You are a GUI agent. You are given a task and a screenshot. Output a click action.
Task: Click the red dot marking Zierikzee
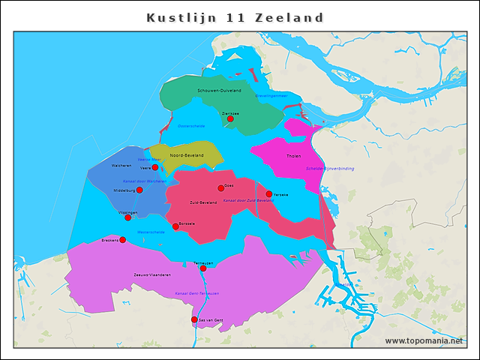pos(230,118)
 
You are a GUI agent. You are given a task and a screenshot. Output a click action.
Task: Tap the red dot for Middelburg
pos(139,190)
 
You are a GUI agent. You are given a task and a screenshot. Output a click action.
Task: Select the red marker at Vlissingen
pos(128,217)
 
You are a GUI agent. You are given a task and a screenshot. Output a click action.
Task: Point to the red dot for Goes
pos(221,188)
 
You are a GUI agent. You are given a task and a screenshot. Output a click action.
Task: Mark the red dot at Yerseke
pos(269,194)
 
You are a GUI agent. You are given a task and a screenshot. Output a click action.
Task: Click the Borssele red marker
pos(175,226)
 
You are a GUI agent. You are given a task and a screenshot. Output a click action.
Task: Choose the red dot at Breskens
pos(123,240)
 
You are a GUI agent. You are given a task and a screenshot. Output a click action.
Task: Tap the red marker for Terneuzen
pos(203,268)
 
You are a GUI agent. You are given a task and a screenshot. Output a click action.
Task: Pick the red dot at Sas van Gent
pos(194,319)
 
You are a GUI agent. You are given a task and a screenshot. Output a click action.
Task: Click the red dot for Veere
pos(155,168)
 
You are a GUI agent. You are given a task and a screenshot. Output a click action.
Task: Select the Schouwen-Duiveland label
pos(219,91)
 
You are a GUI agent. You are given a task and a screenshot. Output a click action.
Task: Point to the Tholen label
pos(293,156)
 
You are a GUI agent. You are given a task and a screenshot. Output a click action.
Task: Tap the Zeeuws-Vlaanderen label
pos(152,275)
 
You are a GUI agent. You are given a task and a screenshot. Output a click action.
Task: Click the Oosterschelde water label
pos(191,126)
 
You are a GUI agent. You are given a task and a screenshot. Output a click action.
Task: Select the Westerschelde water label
pos(151,232)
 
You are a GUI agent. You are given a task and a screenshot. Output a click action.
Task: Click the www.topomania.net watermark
pos(424,341)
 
